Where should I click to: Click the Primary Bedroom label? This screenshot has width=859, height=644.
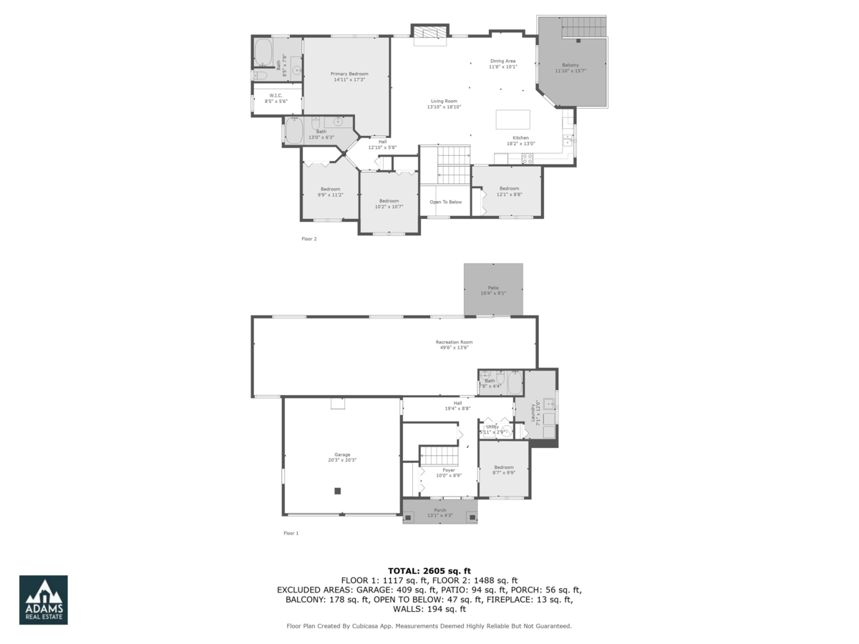tap(349, 77)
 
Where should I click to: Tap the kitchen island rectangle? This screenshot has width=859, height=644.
tap(513, 119)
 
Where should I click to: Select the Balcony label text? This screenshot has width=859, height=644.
tap(571, 68)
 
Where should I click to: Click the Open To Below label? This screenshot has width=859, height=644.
tap(445, 203)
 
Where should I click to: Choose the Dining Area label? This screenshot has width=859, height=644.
tap(503, 64)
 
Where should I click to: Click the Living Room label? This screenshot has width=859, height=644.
tap(444, 104)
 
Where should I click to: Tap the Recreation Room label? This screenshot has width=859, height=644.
tap(455, 345)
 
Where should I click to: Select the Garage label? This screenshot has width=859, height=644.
tap(342, 457)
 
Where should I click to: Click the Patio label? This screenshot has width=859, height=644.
tap(494, 290)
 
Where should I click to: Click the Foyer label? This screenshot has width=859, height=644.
tap(449, 472)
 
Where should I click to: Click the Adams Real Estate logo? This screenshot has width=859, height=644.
tap(44, 600)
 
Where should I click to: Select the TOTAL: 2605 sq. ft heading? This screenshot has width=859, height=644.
tap(429, 570)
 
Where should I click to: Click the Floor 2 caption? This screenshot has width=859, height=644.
tap(309, 239)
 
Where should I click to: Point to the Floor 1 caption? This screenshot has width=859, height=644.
tap(291, 533)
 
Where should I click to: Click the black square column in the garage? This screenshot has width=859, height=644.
tap(338, 491)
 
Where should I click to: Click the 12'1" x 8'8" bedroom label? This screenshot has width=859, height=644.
tap(510, 191)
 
